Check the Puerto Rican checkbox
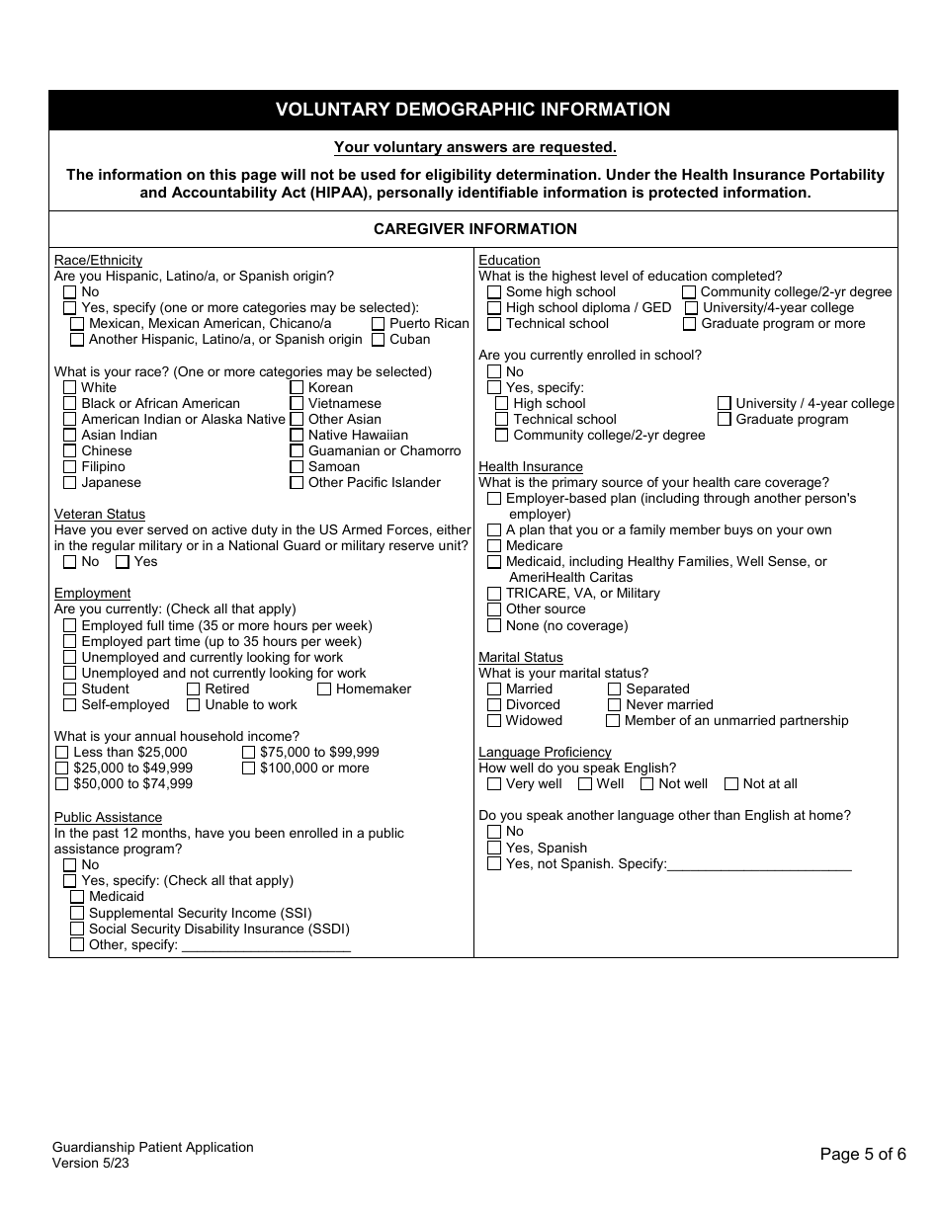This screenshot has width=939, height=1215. pos(379,324)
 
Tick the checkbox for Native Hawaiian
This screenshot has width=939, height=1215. pos(297,436)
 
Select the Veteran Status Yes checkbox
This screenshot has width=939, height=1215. pos(123,562)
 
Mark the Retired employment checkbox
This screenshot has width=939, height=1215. pos(194,689)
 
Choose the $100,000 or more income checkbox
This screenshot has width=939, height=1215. pos(249,769)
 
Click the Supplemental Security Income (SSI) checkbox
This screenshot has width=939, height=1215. pos(77,914)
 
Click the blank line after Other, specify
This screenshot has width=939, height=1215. pos(266,945)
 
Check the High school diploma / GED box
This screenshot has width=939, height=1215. pos(494,308)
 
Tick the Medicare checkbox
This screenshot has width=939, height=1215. pos(494,546)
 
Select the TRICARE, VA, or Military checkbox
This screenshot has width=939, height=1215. pos(494,594)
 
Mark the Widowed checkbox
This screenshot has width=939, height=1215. pos(494,721)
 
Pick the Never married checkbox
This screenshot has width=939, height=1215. pos(614,705)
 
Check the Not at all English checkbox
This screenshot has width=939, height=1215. pos(731,784)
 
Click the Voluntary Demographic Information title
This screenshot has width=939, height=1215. pos(472,110)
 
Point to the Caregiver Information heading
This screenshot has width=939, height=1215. pos(474,229)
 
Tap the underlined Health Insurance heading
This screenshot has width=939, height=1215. pos(531,467)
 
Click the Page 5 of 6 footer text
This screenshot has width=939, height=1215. pos(863,1154)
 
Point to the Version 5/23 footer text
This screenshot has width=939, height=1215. pos(91,1163)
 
